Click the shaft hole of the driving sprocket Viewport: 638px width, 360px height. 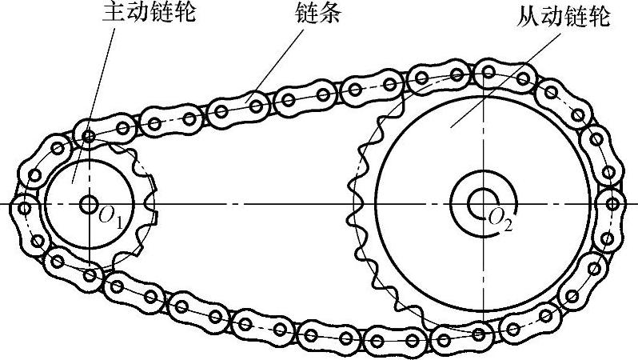(87, 204)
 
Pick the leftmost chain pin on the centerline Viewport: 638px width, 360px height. (25, 207)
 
